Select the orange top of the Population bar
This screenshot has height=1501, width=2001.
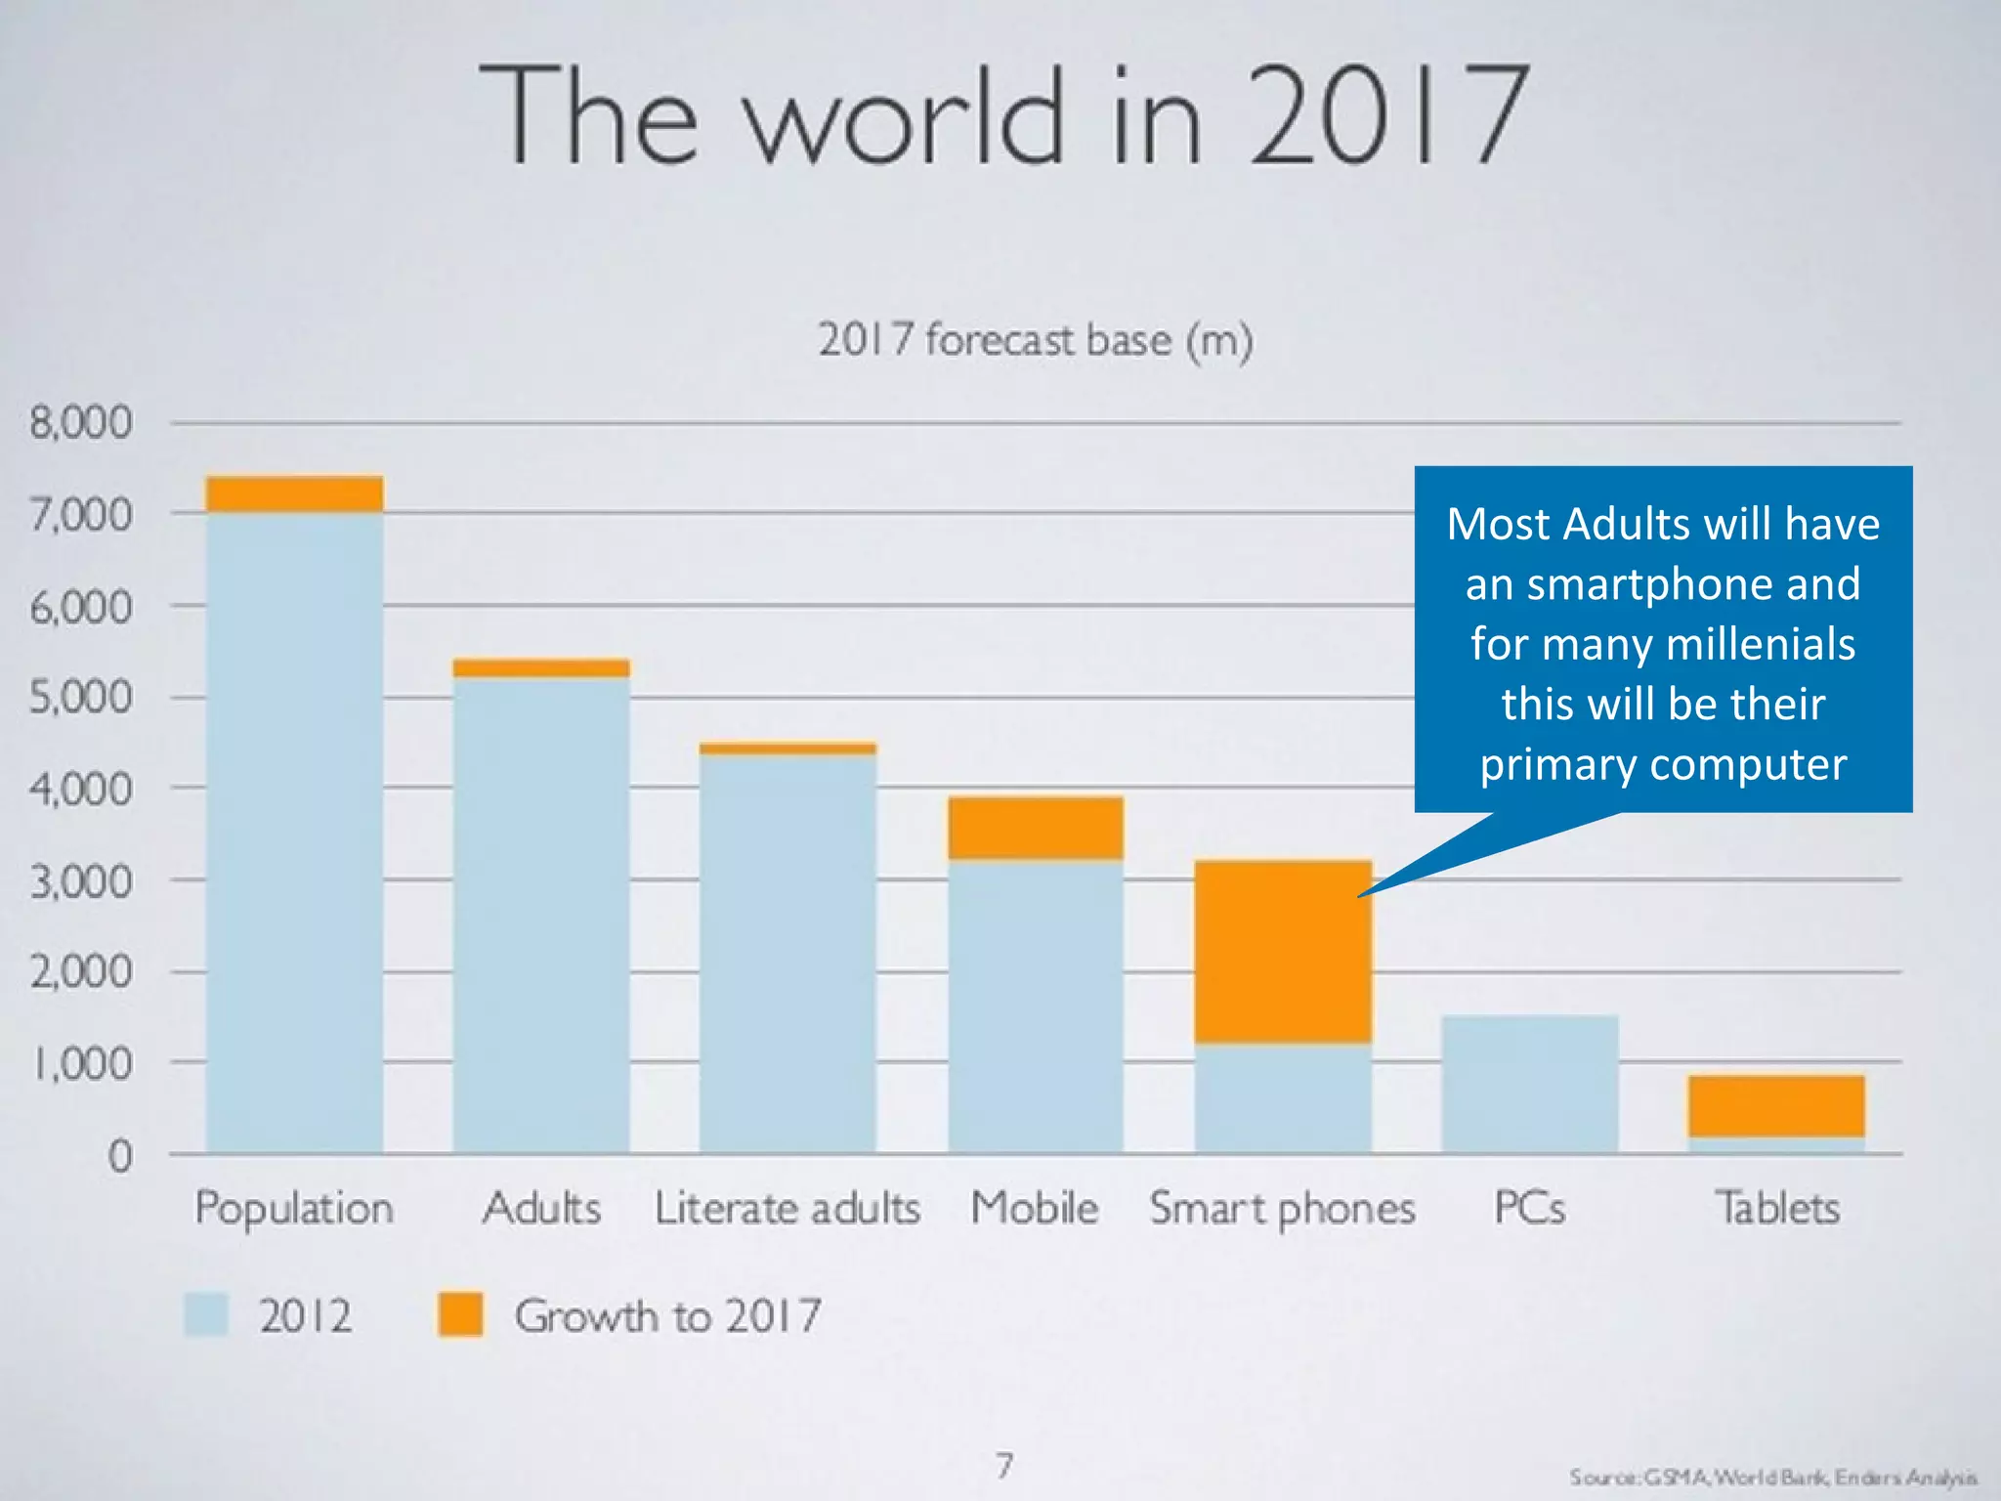(294, 494)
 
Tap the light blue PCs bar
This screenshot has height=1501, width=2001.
(1529, 1085)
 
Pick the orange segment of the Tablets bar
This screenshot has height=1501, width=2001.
(1776, 1106)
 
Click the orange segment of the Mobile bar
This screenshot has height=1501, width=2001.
(1036, 828)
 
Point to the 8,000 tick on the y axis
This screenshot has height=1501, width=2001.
(80, 423)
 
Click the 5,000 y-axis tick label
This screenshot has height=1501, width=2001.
(80, 698)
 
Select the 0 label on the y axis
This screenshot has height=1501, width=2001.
(119, 1157)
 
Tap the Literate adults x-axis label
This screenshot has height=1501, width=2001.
(788, 1209)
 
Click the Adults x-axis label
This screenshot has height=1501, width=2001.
(541, 1209)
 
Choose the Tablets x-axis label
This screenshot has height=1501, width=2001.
(1777, 1209)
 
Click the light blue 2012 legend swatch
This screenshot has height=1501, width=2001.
(206, 1314)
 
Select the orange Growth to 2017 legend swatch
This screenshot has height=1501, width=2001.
(460, 1314)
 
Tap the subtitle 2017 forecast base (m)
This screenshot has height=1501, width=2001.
(1036, 340)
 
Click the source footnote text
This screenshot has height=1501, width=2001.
(1772, 1478)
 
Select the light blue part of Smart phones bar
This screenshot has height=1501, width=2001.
(1283, 1099)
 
